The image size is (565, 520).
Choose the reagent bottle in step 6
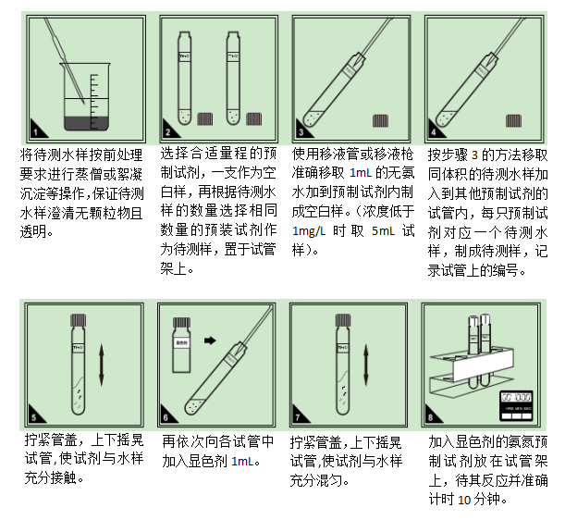(183, 341)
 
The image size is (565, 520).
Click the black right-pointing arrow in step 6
(212, 340)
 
